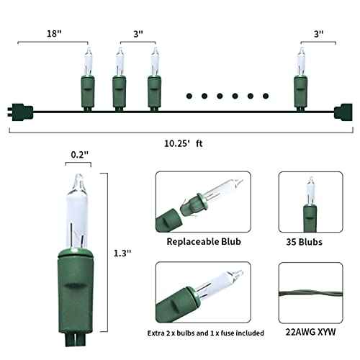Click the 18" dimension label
(x=54, y=33)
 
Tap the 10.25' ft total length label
(x=184, y=143)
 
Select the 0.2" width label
(x=80, y=155)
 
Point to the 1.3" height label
(x=122, y=253)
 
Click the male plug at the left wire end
(x=20, y=112)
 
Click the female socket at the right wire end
(x=343, y=112)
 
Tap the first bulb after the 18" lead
(x=87, y=79)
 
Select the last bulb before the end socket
(x=301, y=79)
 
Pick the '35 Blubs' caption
(x=304, y=242)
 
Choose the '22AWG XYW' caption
(x=310, y=332)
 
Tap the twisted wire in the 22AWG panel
(x=311, y=294)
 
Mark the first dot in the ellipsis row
(x=189, y=96)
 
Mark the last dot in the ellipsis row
(x=266, y=96)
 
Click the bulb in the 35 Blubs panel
(x=310, y=204)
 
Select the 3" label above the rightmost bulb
(x=318, y=34)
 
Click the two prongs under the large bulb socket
(x=76, y=339)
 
